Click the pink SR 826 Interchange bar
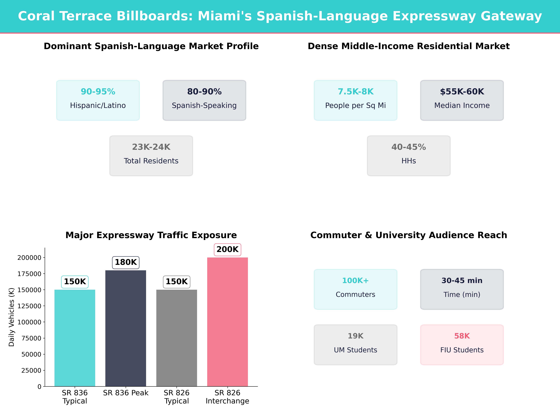tap(227, 322)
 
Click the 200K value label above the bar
tap(227, 249)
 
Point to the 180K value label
tap(126, 262)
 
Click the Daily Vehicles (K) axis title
tap(11, 317)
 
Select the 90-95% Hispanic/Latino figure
tap(98, 92)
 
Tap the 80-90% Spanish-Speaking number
tap(204, 92)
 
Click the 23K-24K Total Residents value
tap(151, 147)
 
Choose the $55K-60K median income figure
tap(462, 92)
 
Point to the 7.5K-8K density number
tap(355, 92)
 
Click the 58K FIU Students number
tap(462, 336)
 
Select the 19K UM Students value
tap(355, 336)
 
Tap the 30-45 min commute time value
tap(462, 280)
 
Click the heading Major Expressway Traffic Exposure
tap(151, 235)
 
